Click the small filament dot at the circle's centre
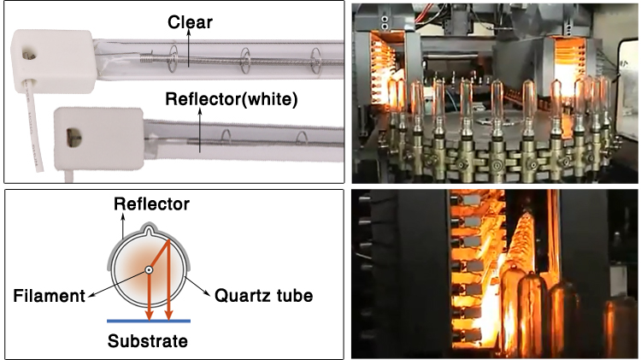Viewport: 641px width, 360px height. pos(149,270)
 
